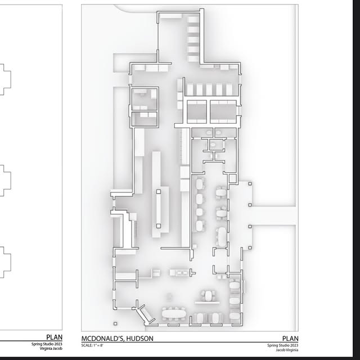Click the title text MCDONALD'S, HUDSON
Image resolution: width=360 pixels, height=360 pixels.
[118, 339]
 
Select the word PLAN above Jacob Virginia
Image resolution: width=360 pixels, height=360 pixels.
[290, 339]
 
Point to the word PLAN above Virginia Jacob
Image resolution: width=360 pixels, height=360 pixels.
[54, 337]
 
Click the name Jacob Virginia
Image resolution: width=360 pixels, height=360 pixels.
[287, 350]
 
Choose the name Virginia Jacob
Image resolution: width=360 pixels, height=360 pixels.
[51, 349]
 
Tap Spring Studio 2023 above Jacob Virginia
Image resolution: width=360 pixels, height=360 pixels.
[282, 345]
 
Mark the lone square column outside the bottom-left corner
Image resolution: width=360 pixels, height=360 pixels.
[115, 324]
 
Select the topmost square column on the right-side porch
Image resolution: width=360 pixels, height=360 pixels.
[250, 184]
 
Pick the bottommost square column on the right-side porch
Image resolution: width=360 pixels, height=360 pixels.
[250, 248]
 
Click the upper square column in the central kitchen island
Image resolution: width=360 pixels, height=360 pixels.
[159, 191]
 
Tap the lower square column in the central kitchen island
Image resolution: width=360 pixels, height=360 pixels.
[159, 226]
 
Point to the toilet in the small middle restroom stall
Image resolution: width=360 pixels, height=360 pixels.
[213, 145]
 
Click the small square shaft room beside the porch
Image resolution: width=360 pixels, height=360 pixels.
[232, 178]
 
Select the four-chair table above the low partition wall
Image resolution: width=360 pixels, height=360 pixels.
[208, 296]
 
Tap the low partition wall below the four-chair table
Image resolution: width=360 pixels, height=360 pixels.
[207, 303]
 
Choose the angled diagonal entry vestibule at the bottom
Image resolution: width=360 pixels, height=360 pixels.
[145, 314]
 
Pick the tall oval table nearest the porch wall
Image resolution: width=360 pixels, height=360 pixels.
[222, 236]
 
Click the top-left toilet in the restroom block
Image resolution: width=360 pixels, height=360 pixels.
[209, 133]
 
